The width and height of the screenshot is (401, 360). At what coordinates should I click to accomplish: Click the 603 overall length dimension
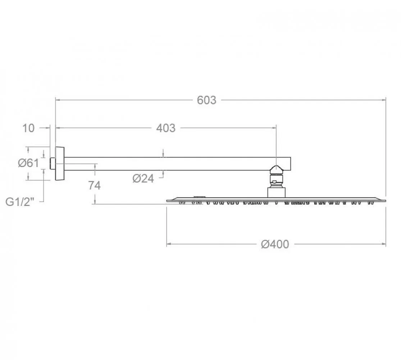pos(207,100)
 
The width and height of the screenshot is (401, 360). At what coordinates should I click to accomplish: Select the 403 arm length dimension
pos(166,128)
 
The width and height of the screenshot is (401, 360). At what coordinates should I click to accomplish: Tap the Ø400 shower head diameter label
pos(275,244)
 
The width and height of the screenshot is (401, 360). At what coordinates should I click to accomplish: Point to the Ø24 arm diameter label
pos(143,179)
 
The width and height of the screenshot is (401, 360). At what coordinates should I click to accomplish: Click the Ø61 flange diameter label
pos(28,163)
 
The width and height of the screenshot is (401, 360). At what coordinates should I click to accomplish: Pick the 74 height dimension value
pos(94,185)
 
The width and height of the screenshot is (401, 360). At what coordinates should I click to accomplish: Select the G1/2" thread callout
pos(20,202)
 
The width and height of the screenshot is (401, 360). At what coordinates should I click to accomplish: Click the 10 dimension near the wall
pos(28,128)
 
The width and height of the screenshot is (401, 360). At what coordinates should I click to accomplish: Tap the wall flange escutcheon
pos(60,163)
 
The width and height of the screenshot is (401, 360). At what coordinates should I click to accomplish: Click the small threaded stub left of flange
pos(53,163)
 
